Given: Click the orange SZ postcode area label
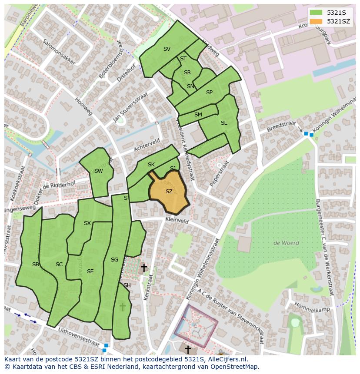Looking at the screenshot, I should coord(169,192).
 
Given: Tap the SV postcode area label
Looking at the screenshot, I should coord(167,49).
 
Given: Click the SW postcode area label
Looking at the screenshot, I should coord(99,171).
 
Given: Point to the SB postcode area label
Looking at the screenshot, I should coord(36,265).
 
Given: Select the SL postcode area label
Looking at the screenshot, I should coord(224,123).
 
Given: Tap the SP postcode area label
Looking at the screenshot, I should coord(209,93).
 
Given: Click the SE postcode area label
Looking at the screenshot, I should coord(90,271).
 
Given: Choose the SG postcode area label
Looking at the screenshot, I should coord(114,260).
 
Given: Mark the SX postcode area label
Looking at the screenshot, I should coord(87,223).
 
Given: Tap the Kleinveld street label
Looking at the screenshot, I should coord(177,221).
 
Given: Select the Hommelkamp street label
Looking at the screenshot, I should coord(312,307).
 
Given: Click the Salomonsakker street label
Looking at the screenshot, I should coord(59,53).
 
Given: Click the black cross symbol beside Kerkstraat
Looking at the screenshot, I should coord(143,268).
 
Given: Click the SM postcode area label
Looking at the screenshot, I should coord(198,115).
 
